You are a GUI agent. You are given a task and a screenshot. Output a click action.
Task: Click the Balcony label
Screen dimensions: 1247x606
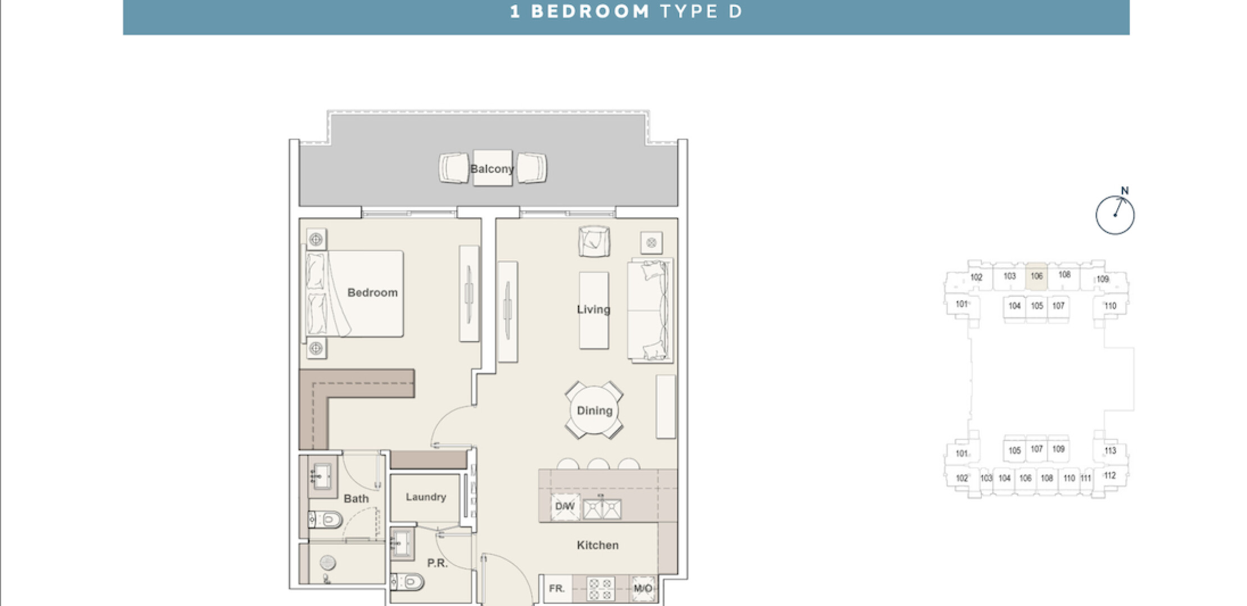(x=492, y=169)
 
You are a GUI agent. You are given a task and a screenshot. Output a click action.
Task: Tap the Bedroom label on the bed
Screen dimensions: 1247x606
(x=372, y=292)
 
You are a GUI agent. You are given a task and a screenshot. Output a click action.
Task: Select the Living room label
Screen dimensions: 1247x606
(x=593, y=310)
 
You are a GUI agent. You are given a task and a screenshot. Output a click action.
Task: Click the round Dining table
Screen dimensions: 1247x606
(x=594, y=411)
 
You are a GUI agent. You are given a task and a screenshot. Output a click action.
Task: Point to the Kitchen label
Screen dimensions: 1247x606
(x=598, y=545)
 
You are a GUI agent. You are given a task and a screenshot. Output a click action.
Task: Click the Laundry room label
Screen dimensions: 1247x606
(x=426, y=497)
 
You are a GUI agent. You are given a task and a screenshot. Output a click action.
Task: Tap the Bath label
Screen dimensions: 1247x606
(x=356, y=498)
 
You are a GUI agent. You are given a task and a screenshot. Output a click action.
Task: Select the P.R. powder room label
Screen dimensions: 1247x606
(x=437, y=563)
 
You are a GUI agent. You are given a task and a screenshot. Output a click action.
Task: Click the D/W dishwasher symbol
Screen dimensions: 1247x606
(x=565, y=507)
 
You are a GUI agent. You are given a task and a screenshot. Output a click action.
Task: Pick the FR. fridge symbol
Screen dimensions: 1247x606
(x=557, y=589)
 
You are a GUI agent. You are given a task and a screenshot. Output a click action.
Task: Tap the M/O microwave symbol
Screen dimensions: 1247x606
(x=643, y=589)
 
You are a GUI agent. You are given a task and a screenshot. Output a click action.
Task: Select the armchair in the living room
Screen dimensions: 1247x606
(x=594, y=241)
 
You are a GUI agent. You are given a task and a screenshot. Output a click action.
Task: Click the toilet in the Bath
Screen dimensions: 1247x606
(x=326, y=520)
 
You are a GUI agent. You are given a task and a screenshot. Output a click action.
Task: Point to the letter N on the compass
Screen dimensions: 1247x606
(x=1125, y=191)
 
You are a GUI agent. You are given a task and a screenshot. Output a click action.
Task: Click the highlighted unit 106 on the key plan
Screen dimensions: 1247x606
(x=1036, y=276)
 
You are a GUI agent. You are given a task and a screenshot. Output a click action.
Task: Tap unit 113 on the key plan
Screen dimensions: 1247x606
(x=1110, y=451)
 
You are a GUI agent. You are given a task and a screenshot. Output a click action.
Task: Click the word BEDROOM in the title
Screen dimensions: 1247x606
(x=590, y=12)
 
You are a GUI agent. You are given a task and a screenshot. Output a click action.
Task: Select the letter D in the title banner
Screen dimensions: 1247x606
(x=736, y=12)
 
